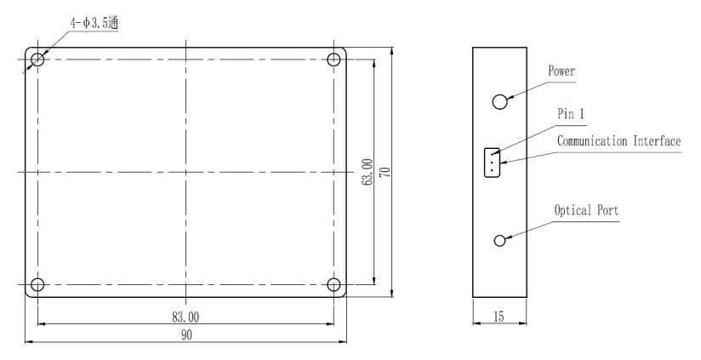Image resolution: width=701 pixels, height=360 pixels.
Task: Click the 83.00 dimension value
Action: pos(185,317)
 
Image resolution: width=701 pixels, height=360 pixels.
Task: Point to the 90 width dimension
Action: pos(186,335)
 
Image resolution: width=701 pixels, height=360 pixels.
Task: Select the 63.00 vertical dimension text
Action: pos(367,172)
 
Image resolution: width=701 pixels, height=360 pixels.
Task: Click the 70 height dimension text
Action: pos(385,172)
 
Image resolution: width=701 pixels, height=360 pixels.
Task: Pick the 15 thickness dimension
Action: pos(499,317)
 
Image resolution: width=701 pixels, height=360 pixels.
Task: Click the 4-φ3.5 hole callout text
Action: pos(94,22)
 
